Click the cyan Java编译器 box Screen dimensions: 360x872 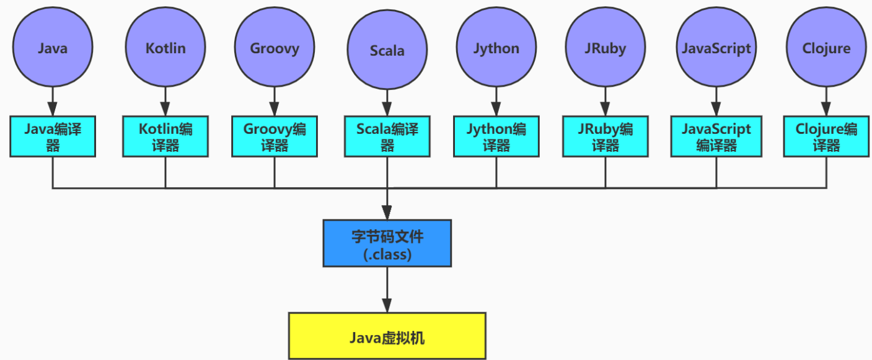pyautogui.click(x=53, y=136)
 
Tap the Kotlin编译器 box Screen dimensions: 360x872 pyautogui.click(x=165, y=136)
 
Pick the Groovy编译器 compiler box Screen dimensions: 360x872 pyautogui.click(x=275, y=136)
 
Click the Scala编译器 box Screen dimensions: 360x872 pyautogui.click(x=387, y=136)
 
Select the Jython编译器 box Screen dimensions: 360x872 pyautogui.click(x=496, y=136)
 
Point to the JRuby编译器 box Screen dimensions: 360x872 pyautogui.click(x=606, y=136)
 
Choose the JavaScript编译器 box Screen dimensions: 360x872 pyautogui.click(x=716, y=136)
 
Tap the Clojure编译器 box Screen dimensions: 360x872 pyautogui.click(x=826, y=136)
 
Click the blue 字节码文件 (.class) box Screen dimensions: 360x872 pyautogui.click(x=387, y=244)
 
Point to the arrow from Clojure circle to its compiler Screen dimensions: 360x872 pyautogui.click(x=826, y=101)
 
